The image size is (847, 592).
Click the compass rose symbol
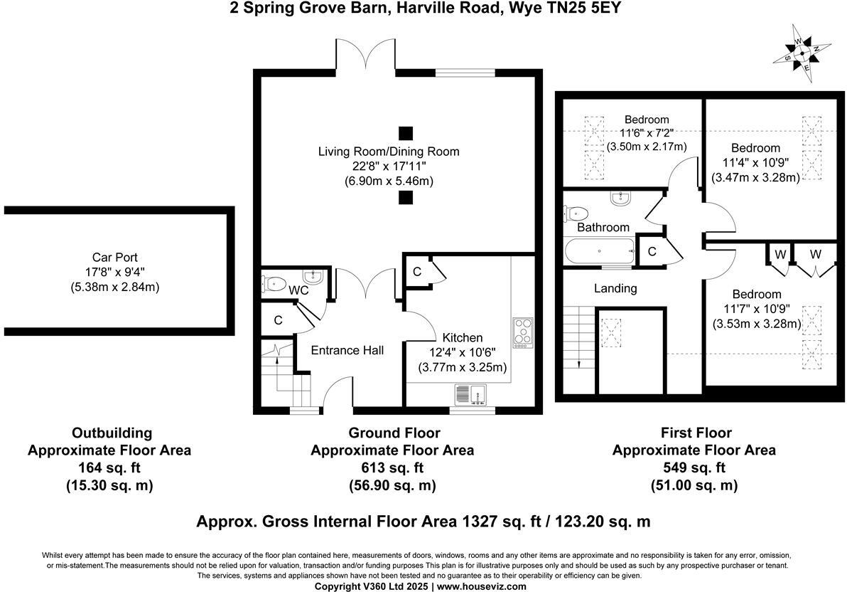click(x=802, y=53)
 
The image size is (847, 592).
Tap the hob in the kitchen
click(x=523, y=332)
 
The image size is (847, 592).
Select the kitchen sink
click(x=470, y=394)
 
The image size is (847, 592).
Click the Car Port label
click(x=115, y=258)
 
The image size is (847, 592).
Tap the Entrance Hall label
click(x=347, y=351)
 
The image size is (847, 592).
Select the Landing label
click(x=615, y=288)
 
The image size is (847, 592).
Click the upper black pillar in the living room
click(x=406, y=133)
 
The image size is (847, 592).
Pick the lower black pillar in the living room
click(x=406, y=198)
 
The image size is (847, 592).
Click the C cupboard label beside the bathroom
click(x=652, y=251)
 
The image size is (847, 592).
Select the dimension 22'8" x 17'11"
click(x=389, y=166)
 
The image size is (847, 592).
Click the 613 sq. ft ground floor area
click(x=392, y=467)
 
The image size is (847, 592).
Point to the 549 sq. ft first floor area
click(x=694, y=467)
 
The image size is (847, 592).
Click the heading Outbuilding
click(x=112, y=433)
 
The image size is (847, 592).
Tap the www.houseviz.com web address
click(x=481, y=586)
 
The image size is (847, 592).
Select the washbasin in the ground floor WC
click(x=313, y=277)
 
